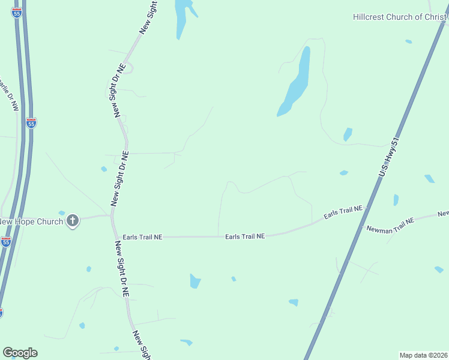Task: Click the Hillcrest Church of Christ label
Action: click(x=400, y=17)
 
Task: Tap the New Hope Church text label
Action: click(x=32, y=221)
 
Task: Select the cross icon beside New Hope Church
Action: click(x=73, y=221)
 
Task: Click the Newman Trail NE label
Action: click(x=391, y=226)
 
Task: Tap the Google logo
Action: click(x=20, y=353)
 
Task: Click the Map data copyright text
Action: click(x=424, y=355)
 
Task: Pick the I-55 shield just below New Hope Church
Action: click(x=6, y=242)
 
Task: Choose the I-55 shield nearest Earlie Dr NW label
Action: click(x=31, y=123)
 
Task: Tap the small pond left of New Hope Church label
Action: click(x=61, y=213)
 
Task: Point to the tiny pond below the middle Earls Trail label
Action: click(x=234, y=278)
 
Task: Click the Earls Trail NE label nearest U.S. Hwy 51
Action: click(x=344, y=212)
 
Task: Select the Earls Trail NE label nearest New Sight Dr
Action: click(x=142, y=237)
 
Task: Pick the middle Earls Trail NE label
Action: click(x=245, y=236)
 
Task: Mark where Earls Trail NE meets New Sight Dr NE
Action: click(x=115, y=237)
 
